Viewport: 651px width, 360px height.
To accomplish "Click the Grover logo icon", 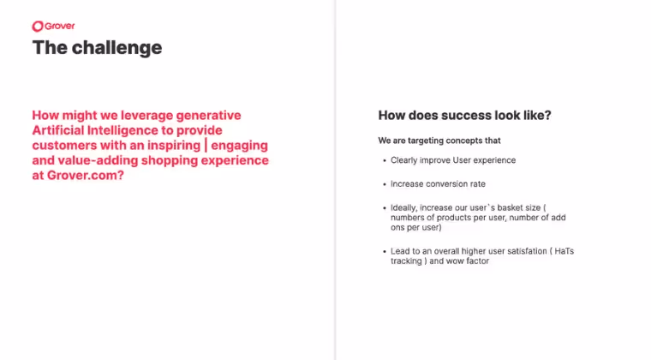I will click(39, 27).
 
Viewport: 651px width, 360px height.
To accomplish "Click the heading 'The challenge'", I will click(97, 47).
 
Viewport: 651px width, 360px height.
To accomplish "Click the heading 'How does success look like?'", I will click(464, 115).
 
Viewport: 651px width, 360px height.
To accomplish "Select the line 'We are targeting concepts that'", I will click(439, 140).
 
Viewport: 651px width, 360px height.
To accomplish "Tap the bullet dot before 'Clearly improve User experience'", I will click(384, 160).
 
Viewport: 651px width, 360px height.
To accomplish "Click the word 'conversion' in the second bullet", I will click(442, 183).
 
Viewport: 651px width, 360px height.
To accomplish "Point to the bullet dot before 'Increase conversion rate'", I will click(384, 183).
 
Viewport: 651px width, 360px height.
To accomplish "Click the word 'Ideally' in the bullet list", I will click(405, 207).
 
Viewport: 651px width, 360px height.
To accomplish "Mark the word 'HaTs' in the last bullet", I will click(564, 250).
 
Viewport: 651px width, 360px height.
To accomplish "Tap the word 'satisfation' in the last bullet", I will click(523, 250).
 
